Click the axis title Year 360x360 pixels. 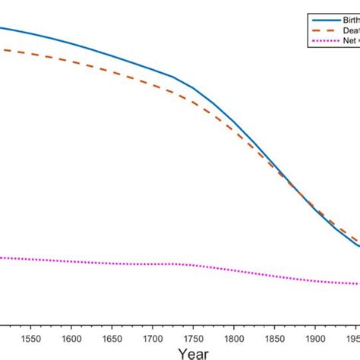[193, 353]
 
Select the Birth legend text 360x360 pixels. [348, 19]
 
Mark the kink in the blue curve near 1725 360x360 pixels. [173, 77]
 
